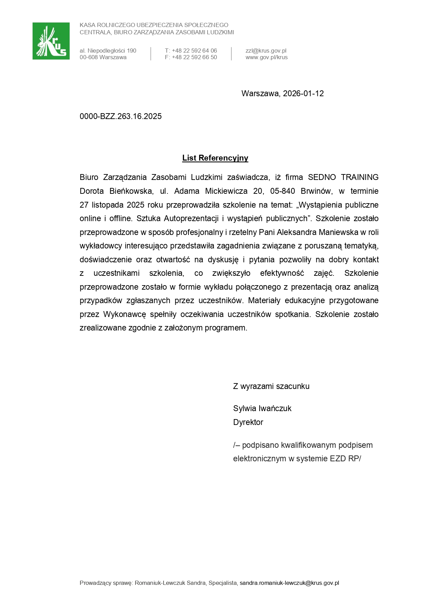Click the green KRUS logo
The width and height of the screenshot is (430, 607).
click(x=51, y=41)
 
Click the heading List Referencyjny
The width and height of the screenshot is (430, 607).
click(x=215, y=158)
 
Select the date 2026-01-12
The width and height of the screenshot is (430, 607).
click(x=303, y=93)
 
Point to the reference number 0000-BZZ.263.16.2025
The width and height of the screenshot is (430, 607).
click(x=121, y=116)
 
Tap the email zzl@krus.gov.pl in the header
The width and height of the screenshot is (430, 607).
click(x=266, y=51)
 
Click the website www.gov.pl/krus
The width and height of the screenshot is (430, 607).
click(x=266, y=57)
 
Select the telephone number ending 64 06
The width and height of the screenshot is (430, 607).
click(x=191, y=51)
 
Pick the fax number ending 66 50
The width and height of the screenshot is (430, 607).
click(x=191, y=57)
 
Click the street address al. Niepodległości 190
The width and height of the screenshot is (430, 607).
click(x=108, y=51)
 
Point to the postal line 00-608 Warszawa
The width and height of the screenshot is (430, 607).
click(x=103, y=57)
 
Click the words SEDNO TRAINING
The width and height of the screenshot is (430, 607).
click(x=343, y=178)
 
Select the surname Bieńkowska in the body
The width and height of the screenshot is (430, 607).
click(x=132, y=191)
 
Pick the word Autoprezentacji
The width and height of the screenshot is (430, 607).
click(x=191, y=219)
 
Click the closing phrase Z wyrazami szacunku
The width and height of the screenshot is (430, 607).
click(x=271, y=387)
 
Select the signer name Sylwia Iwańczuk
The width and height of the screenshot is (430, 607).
click(x=262, y=409)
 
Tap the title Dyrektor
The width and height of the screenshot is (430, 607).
click(x=248, y=423)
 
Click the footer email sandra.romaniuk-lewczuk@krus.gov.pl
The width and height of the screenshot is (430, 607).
click(x=289, y=583)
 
